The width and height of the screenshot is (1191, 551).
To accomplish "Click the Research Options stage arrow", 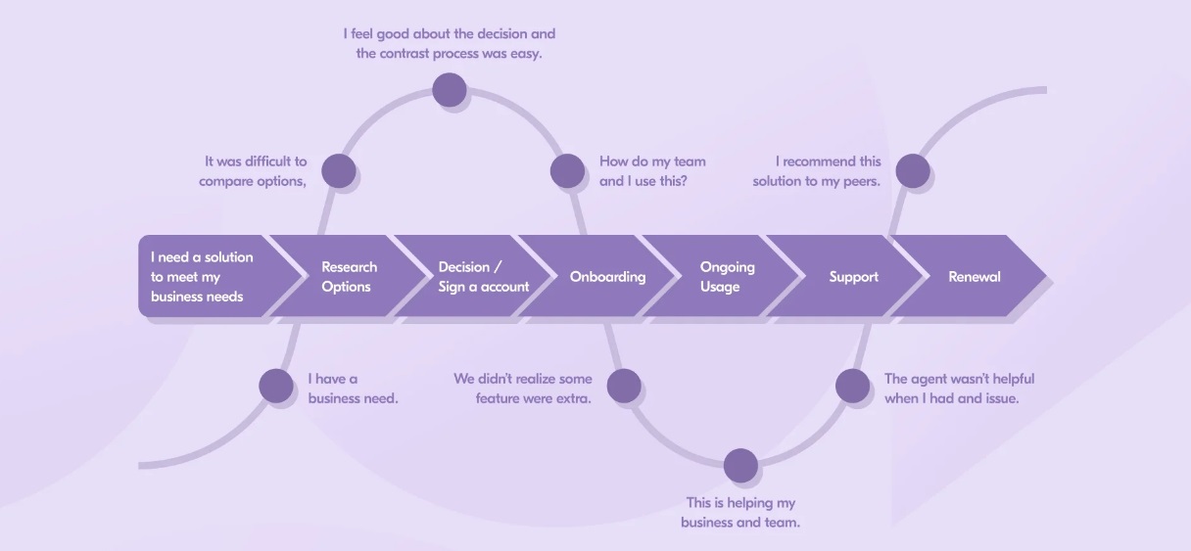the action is pyautogui.click(x=349, y=276).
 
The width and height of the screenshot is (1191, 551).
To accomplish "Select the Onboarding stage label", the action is pyautogui.click(x=607, y=277).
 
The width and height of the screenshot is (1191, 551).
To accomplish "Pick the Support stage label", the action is pyautogui.click(x=853, y=277).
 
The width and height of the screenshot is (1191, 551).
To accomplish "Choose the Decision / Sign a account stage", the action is pyautogui.click(x=473, y=276).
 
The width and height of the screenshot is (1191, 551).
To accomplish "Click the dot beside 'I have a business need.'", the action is pyautogui.click(x=276, y=386).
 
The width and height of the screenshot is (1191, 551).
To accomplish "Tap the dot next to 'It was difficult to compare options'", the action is pyautogui.click(x=339, y=171).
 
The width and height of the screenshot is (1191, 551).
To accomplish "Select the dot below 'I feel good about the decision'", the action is pyautogui.click(x=450, y=90).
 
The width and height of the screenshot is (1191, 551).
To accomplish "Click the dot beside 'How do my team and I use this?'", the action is pyautogui.click(x=567, y=171).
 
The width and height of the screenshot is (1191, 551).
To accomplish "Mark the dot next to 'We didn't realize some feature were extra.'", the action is pyautogui.click(x=624, y=386).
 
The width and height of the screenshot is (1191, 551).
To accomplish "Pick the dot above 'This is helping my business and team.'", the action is pyautogui.click(x=740, y=466).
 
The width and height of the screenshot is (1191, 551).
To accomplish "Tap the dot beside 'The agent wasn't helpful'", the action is pyautogui.click(x=852, y=386).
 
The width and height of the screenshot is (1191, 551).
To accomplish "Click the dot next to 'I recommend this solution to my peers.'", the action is pyautogui.click(x=913, y=171).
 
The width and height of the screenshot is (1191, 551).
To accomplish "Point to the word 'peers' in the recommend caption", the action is pyautogui.click(x=861, y=182).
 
